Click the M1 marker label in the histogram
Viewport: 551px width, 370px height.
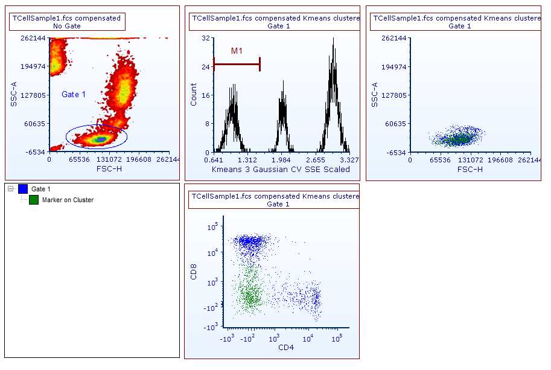click(237, 51)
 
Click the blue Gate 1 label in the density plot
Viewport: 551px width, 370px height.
click(74, 94)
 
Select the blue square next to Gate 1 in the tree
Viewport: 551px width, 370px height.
click(24, 190)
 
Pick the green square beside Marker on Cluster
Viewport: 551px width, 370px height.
click(34, 200)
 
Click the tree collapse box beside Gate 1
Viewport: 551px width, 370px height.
click(11, 190)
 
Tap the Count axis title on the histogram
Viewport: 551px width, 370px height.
click(194, 95)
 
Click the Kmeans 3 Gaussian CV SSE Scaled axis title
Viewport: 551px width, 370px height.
click(281, 170)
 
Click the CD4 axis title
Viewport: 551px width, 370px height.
click(286, 348)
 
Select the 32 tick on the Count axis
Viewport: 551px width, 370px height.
click(205, 38)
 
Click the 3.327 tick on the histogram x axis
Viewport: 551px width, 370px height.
click(349, 161)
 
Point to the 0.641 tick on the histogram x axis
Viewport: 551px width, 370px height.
click(214, 161)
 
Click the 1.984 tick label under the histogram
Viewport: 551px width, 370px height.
click(281, 161)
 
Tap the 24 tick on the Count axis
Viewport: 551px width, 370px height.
click(205, 66)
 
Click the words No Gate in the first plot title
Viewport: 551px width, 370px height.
click(66, 26)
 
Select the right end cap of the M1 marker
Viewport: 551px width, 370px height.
click(260, 64)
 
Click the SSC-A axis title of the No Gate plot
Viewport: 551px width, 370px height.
click(13, 95)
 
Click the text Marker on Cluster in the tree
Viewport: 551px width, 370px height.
click(68, 200)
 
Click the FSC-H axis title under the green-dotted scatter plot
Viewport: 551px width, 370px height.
click(470, 170)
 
